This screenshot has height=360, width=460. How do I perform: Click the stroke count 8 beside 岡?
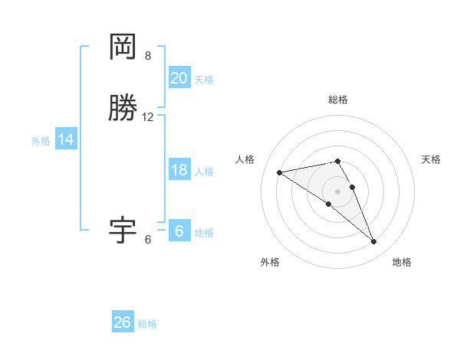(148, 56)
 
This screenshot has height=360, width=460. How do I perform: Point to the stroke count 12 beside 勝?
(148, 117)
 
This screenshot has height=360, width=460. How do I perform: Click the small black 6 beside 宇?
(148, 240)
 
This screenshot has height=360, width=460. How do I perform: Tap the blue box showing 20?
(179, 78)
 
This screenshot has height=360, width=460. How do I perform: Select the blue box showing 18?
(179, 170)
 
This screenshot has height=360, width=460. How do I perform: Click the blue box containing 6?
(179, 231)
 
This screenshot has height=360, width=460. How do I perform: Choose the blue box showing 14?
(66, 139)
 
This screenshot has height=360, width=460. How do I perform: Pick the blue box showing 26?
(123, 322)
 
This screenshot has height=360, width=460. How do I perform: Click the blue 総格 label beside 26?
(148, 324)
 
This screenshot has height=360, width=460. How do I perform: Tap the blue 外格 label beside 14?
(41, 141)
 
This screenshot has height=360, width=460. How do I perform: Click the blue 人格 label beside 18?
(204, 172)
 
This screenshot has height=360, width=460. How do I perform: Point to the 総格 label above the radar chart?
(337, 100)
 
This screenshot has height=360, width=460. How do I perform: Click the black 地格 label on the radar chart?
(402, 263)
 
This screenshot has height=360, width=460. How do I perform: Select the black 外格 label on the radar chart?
(270, 263)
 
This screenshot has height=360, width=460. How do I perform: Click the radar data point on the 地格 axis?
(373, 242)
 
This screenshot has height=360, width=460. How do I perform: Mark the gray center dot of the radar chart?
(337, 191)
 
